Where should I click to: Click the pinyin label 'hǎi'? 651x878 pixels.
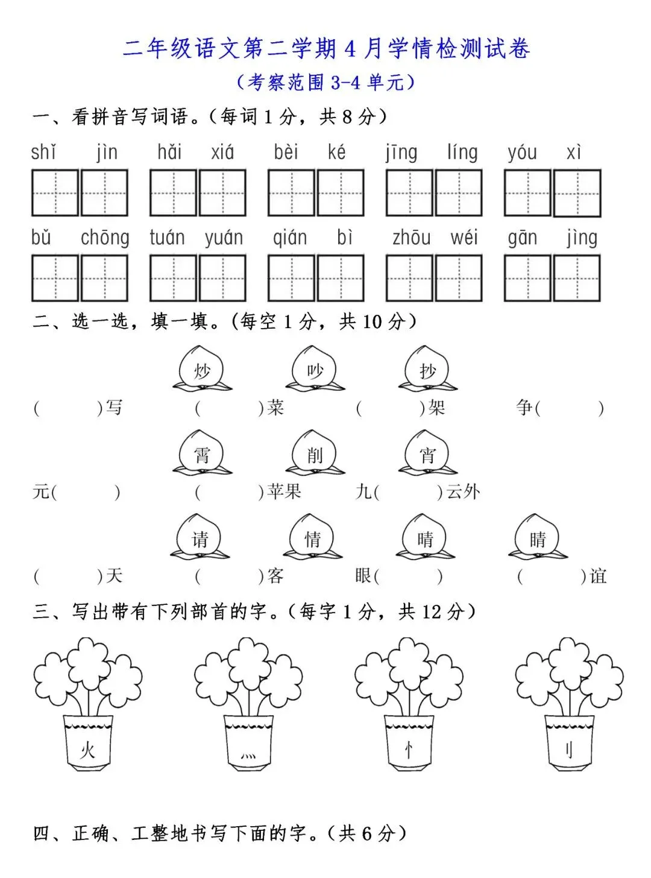tap(169, 152)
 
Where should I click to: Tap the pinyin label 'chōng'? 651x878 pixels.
tap(105, 238)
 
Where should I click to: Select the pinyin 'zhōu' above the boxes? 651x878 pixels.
tap(411, 238)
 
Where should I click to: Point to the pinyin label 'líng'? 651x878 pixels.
tap(462, 152)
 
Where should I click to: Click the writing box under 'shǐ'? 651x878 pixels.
tap(55, 193)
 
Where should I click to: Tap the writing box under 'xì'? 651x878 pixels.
tap(577, 193)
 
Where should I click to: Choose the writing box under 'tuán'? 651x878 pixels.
tap(173, 278)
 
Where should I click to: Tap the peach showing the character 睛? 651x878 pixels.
tap(538, 537)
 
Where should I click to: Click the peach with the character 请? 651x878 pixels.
tap(200, 537)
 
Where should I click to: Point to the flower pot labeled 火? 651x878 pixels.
tap(88, 742)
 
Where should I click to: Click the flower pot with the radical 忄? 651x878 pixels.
tap(409, 742)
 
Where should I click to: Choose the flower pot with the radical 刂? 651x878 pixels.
tap(569, 742)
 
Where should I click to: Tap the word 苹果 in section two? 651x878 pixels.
tap(284, 492)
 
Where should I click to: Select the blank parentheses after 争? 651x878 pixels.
tap(569, 408)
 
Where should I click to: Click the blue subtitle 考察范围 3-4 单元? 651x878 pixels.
tap(326, 82)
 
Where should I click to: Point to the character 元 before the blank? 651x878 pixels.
tap(40, 492)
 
